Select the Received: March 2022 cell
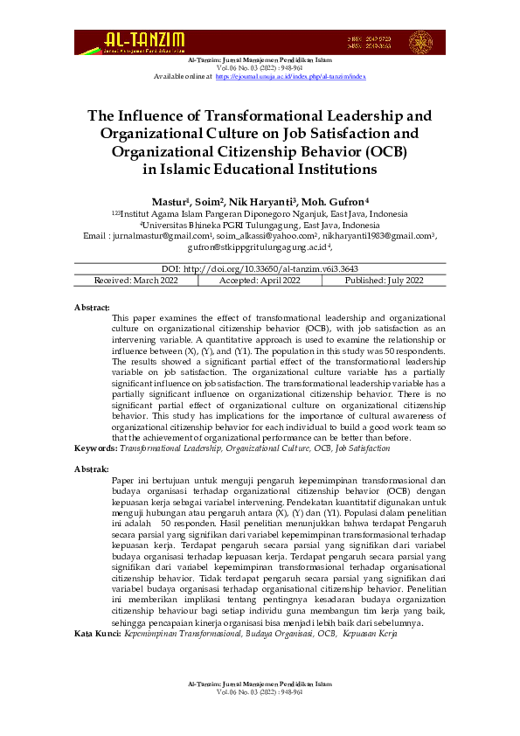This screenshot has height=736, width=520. (x=135, y=280)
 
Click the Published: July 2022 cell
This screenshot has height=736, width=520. (x=384, y=280)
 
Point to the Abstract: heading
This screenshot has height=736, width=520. (x=92, y=308)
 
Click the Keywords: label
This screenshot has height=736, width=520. (x=95, y=447)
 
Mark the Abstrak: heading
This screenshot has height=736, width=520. (x=92, y=469)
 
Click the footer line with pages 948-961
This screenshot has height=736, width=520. (x=260, y=691)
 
